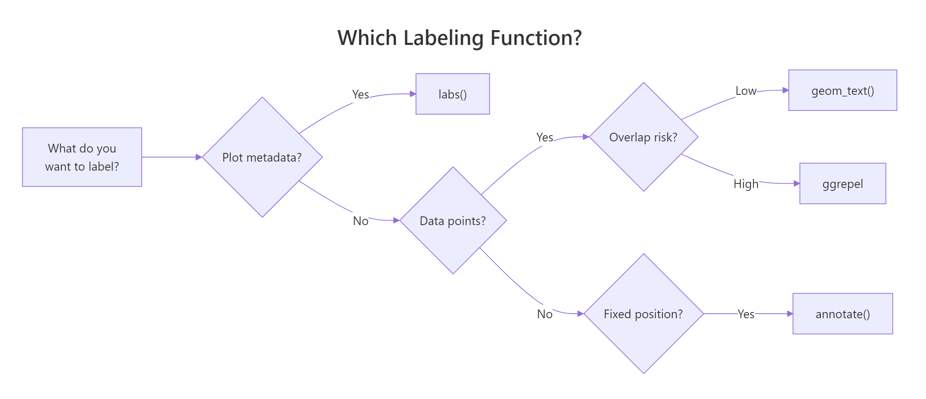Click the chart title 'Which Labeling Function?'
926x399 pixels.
tap(459, 38)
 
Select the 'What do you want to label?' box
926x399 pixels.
tap(82, 157)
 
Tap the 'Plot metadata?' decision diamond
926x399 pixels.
tap(262, 157)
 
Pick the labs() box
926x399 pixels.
tap(452, 94)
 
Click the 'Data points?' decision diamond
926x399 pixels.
tap(453, 221)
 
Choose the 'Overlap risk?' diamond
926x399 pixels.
tap(643, 137)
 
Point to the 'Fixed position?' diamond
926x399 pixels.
tap(643, 314)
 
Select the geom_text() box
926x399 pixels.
tap(842, 90)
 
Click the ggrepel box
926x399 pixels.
tap(842, 183)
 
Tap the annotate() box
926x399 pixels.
tap(842, 314)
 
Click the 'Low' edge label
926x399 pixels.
tap(746, 91)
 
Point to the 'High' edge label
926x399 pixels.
tap(746, 184)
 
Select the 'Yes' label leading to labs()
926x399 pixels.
tap(360, 94)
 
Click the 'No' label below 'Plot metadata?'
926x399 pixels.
tap(360, 221)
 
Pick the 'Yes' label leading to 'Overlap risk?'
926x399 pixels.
tap(545, 137)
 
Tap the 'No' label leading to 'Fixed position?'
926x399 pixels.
tap(545, 314)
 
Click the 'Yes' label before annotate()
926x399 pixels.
tap(746, 314)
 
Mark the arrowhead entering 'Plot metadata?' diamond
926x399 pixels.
tap(199, 157)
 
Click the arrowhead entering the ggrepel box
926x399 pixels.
tap(797, 183)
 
